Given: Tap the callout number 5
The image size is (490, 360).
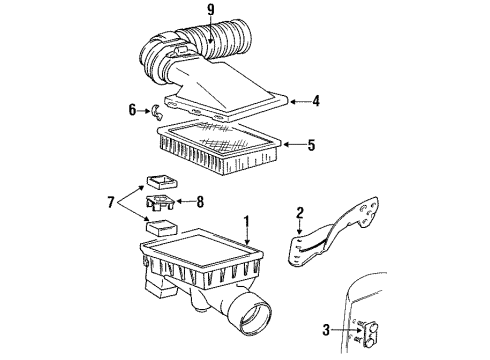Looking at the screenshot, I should (x=311, y=145).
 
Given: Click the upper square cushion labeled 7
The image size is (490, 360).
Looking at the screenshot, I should (x=158, y=181).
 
